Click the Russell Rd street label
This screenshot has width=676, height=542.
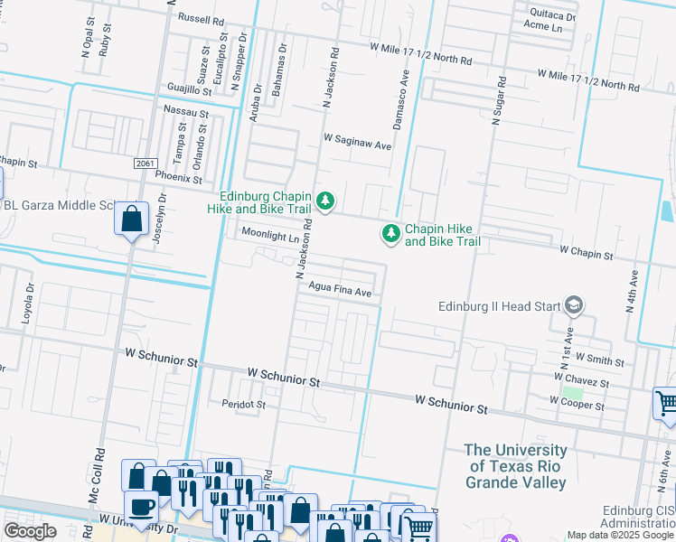tap(201, 19)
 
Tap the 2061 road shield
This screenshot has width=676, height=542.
tap(145, 163)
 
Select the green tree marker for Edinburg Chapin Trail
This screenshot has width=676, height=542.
tap(324, 200)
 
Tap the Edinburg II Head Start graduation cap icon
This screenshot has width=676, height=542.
tap(573, 305)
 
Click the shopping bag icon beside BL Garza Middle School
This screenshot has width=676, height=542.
tap(132, 219)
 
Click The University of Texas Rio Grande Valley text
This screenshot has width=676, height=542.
tap(516, 465)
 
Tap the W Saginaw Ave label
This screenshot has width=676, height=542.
tap(357, 143)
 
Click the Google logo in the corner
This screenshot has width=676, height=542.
tap(30, 531)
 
